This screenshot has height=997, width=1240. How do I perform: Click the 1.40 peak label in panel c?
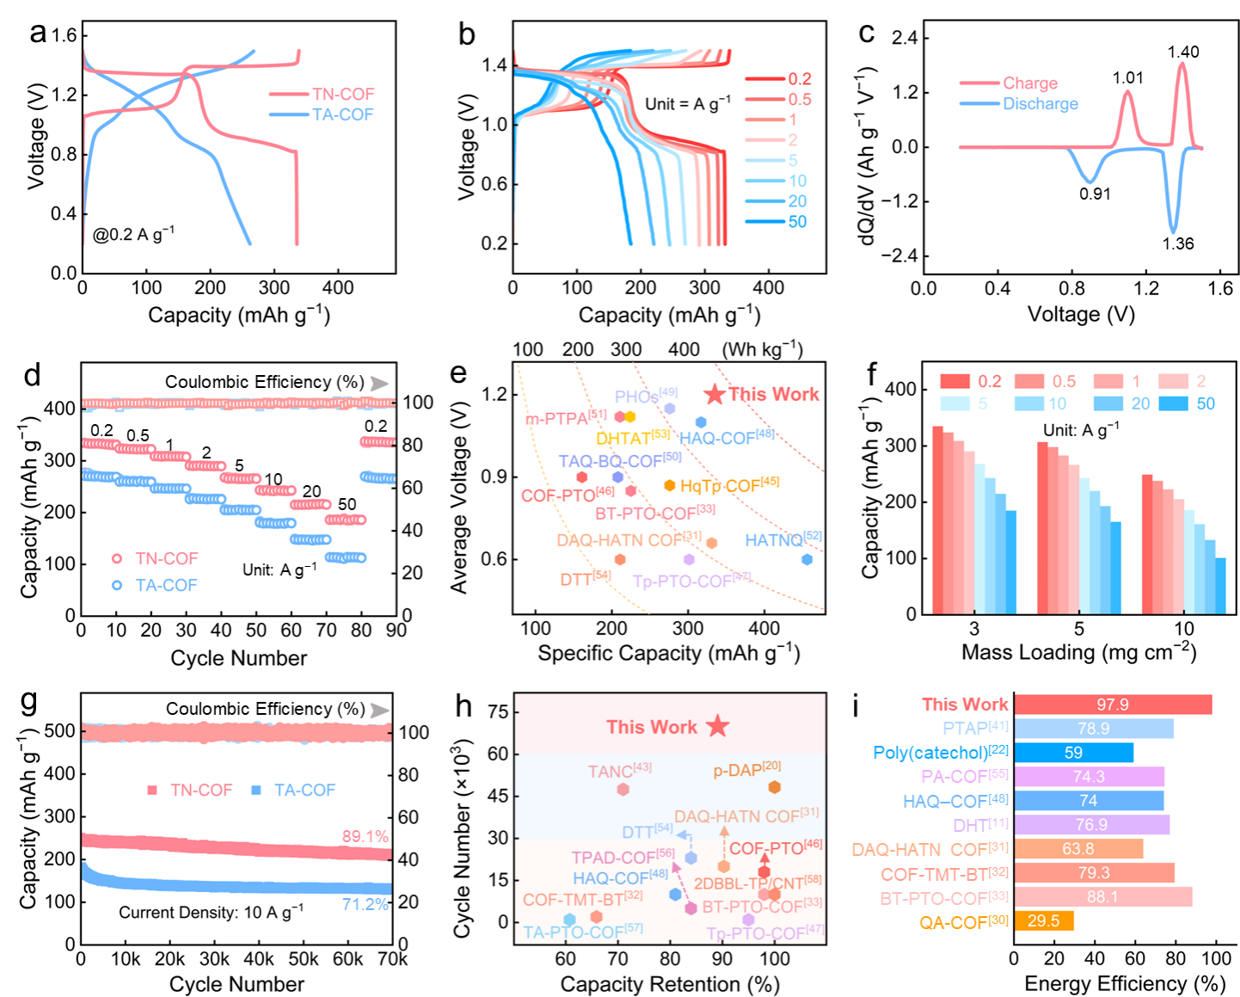click(x=1182, y=52)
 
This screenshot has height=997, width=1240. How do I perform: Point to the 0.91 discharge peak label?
click(x=1095, y=194)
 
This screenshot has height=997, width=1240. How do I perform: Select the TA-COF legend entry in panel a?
click(x=342, y=114)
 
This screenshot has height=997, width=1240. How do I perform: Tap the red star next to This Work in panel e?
click(x=715, y=395)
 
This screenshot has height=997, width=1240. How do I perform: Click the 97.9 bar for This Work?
click(x=1113, y=705)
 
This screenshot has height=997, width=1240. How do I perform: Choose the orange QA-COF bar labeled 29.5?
click(x=1044, y=920)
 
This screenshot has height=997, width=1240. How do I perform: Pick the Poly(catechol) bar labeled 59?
click(x=1073, y=753)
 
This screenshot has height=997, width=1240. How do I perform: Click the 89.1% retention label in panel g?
click(x=365, y=836)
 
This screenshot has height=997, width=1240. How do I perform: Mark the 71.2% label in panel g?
click(x=365, y=904)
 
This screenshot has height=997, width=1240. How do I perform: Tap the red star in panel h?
click(x=718, y=726)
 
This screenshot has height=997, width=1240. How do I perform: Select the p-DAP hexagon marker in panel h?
click(x=774, y=787)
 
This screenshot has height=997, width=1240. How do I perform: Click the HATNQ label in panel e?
click(x=774, y=540)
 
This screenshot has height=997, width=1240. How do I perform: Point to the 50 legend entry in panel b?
click(x=797, y=222)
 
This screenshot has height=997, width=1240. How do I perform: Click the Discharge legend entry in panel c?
click(x=1040, y=104)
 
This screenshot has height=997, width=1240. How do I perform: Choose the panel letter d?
click(x=32, y=376)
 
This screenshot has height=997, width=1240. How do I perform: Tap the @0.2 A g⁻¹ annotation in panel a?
click(x=133, y=234)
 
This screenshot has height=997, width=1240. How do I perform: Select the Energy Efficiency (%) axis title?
click(x=1125, y=983)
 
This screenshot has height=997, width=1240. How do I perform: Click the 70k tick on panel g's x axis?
click(x=393, y=958)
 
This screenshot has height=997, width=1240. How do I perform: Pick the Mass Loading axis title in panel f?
click(x=1078, y=652)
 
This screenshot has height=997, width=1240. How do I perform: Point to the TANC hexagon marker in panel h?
click(x=623, y=789)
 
